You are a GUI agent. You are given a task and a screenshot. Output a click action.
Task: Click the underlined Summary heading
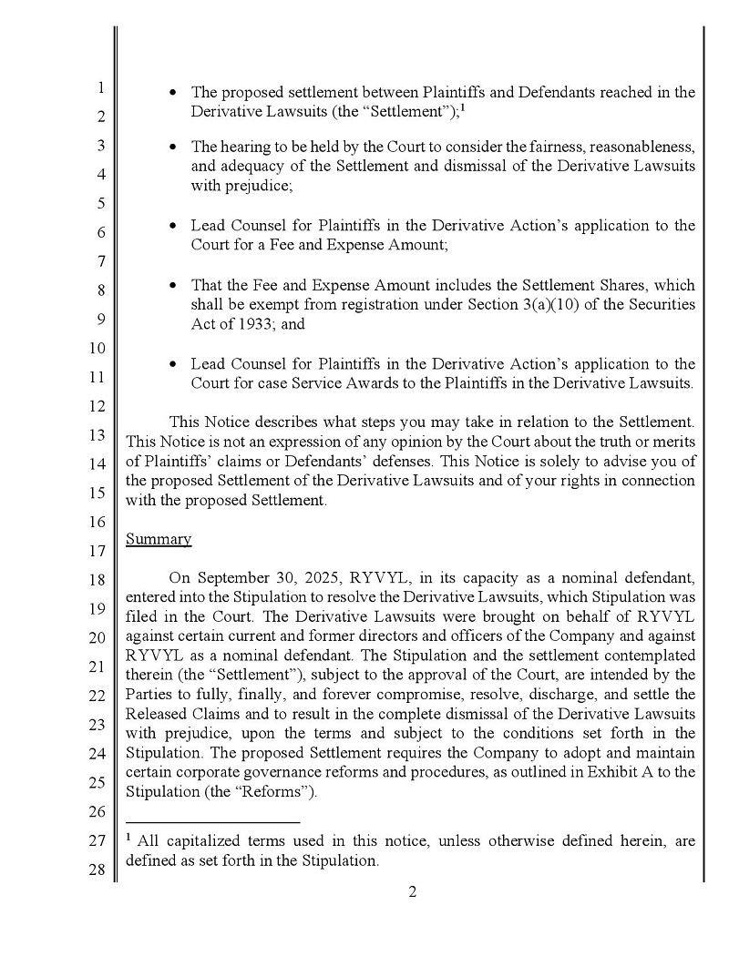[x=159, y=539]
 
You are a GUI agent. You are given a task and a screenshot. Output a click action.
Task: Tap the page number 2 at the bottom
[x=412, y=892]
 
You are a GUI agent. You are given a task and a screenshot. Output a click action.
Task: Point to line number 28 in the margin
[x=98, y=870]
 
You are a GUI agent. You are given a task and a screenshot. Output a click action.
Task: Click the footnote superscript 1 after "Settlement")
[x=463, y=107]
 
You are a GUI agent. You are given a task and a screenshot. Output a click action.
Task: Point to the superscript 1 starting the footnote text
[x=129, y=839]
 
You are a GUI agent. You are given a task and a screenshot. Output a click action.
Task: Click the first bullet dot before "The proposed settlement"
[x=173, y=93]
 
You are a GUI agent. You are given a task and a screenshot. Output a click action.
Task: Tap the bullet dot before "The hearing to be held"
[x=173, y=147]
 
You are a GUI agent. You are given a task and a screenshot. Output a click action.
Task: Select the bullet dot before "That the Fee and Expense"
[x=173, y=286]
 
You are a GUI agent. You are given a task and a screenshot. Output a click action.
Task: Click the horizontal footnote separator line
[x=212, y=822]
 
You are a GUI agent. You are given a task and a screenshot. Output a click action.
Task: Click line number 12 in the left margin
[x=98, y=406]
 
